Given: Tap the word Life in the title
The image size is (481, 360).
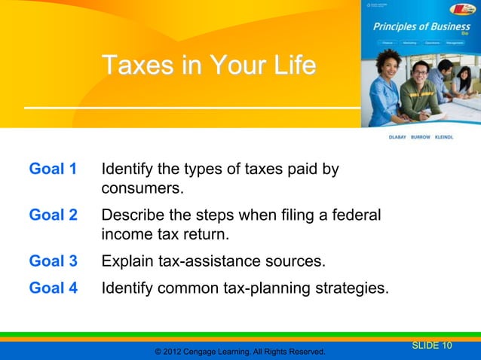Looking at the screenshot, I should coord(289,66).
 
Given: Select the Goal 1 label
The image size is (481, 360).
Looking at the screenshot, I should coord(53,168).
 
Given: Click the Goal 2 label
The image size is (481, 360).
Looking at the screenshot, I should coord(53,215).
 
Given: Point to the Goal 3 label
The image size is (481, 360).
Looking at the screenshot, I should coord(53,262).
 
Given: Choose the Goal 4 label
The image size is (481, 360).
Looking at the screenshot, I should coord(53,286).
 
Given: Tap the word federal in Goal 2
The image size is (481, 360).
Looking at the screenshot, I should coord(356,215).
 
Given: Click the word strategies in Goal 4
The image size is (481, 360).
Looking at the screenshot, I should coord(351,286).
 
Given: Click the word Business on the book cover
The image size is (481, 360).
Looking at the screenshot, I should coord(444,27).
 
